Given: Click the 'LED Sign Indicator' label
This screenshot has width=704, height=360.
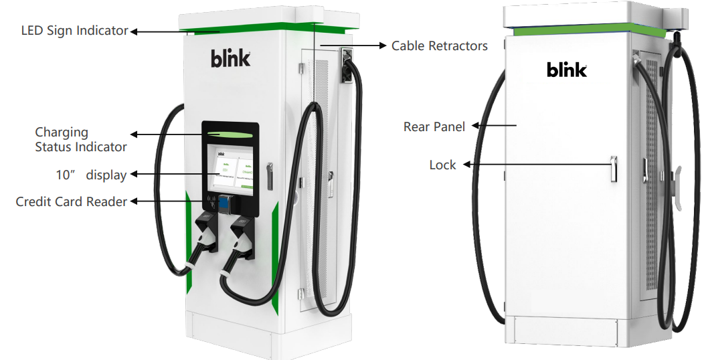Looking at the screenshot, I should pyautogui.click(x=74, y=31).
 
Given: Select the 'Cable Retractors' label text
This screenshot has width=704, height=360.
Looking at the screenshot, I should pyautogui.click(x=439, y=46).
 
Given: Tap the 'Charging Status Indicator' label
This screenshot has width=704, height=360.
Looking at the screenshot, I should pyautogui.click(x=80, y=139).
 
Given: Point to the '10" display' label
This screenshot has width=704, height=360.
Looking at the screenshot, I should pyautogui.click(x=91, y=175).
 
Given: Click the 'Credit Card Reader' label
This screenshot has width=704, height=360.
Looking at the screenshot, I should pyautogui.click(x=71, y=201).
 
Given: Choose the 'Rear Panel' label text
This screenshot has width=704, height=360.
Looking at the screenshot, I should pyautogui.click(x=434, y=126).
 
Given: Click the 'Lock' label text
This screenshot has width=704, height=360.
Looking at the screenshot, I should pyautogui.click(x=442, y=165).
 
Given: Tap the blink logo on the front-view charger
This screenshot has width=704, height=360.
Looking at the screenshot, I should pyautogui.click(x=231, y=59).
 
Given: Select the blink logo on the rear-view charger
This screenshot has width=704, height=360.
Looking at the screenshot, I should pyautogui.click(x=566, y=70).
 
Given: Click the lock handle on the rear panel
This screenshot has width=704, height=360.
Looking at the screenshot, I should pyautogui.click(x=612, y=169).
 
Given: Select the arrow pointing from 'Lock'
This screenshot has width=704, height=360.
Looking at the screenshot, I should pyautogui.click(x=535, y=164).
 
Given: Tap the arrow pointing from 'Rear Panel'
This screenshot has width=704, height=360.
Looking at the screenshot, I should pyautogui.click(x=493, y=124).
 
